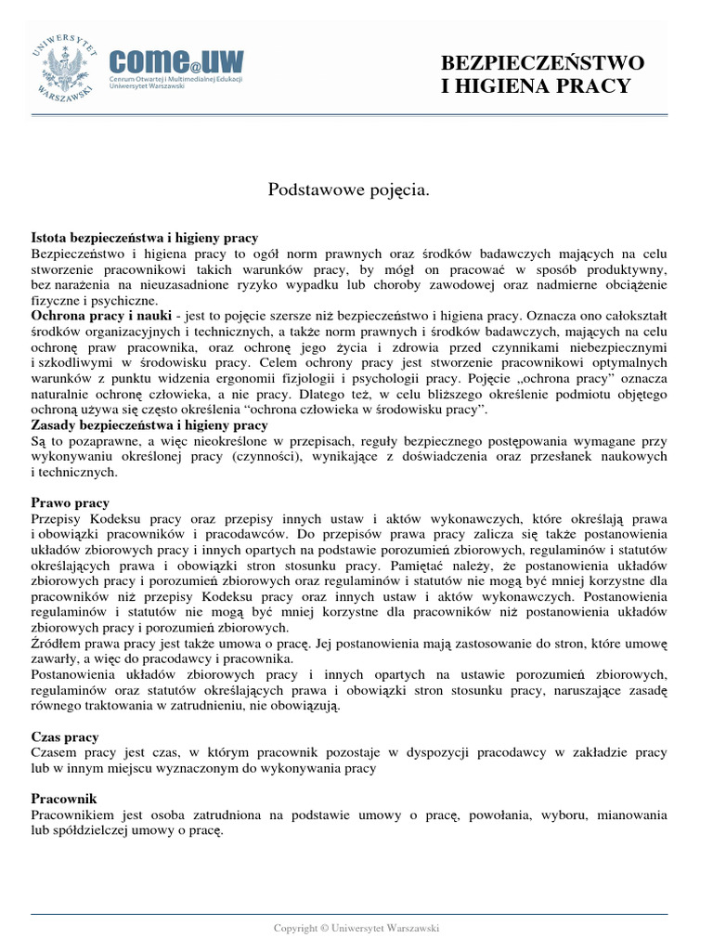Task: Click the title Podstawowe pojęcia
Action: coord(349,189)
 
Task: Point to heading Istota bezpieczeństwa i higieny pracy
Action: coord(144,239)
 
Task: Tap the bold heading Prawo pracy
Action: coord(70,502)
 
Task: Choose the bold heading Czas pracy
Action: coord(65,736)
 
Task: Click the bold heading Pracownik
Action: coord(64,799)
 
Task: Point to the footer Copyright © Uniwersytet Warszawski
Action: coord(356,928)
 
